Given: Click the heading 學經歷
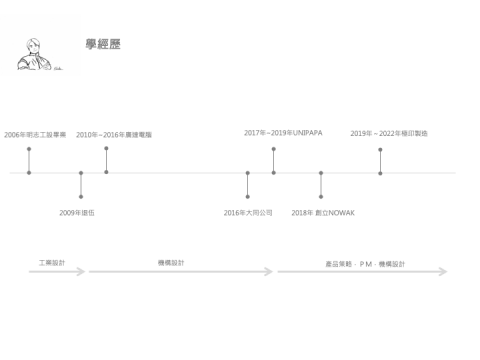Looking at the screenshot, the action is point(103,45).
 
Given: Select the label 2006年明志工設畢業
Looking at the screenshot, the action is point(35,134).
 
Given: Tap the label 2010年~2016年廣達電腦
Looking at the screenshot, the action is point(114,134).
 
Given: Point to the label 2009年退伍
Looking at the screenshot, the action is point(77,212).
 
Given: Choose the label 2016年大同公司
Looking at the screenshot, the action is point(248,212).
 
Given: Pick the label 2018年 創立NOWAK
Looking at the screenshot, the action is point(323,212).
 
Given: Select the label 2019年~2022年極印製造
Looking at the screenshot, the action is point(389,133).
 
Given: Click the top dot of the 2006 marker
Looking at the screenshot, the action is point(29,149).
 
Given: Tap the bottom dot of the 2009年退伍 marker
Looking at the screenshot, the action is point(81,197).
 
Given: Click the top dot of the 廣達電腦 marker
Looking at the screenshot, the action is point(106,149).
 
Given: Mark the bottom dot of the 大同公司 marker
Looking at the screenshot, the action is point(247,197).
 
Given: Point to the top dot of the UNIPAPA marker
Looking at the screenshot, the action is point(273,149).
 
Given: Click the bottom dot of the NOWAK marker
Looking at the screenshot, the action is point(321,197).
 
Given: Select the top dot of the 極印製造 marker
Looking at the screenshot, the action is point(380,149).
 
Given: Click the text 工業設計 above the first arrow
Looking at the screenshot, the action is point(52,262).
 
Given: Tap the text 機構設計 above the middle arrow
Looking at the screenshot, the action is point(171,262).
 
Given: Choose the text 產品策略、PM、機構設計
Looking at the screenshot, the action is point(365,264).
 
